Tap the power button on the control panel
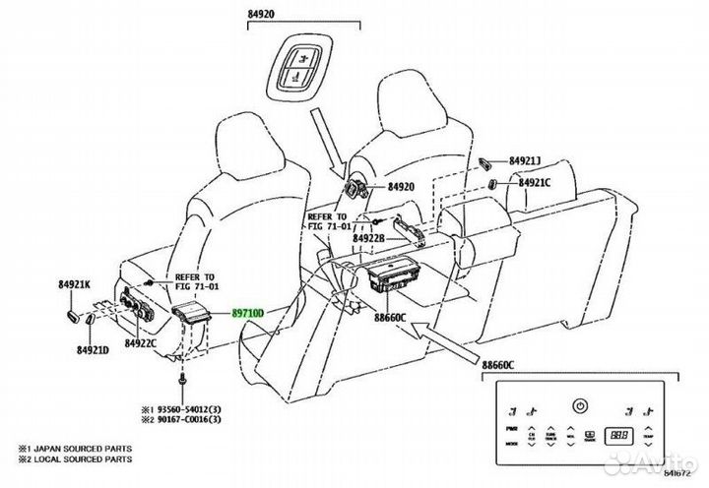point(580,403)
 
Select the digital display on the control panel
point(619,432)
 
